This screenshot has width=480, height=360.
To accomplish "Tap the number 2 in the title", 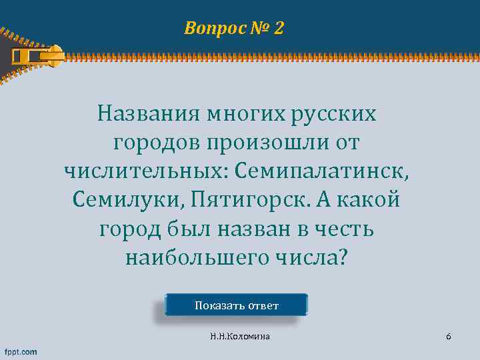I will point(278,28).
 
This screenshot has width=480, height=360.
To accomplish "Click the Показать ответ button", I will point(236,305).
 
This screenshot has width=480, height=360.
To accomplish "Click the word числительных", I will point(145,170).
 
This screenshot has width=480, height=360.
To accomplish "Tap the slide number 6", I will point(449,337).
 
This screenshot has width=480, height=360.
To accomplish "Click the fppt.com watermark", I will point(21,351).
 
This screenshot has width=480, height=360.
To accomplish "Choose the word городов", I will point(155,141).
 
